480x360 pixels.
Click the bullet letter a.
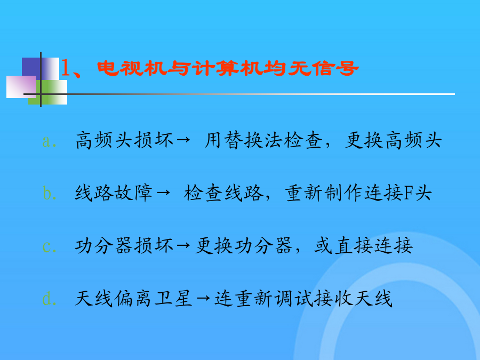coord(47,141)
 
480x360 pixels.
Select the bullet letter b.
coord(47,193)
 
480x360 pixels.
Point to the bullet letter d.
coord(47,299)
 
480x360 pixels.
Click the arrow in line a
coord(183,140)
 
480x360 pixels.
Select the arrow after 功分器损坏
coord(183,245)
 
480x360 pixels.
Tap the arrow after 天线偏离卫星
coord(203,298)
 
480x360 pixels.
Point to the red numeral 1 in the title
coord(65,68)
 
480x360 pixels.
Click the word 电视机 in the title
coord(132,68)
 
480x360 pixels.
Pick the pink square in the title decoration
coord(21,87)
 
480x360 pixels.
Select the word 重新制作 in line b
coord(324,193)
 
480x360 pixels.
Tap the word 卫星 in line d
coord(173,298)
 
